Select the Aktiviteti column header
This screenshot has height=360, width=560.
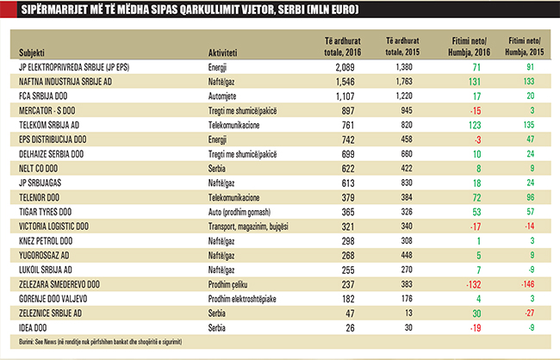click(x=226, y=53)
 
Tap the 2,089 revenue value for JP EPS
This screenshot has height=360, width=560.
click(x=344, y=65)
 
